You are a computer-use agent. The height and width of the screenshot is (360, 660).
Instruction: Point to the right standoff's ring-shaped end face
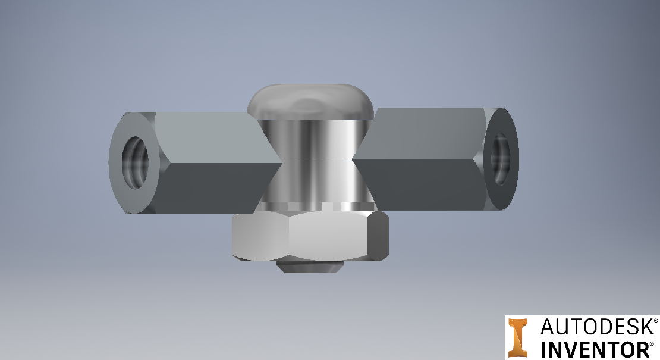[x=511, y=179]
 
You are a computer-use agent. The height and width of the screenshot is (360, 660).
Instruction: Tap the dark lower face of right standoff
[x=416, y=181]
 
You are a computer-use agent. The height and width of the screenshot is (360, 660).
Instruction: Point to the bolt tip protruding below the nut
[x=309, y=267]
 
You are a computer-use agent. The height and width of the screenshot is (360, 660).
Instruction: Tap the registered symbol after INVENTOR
[x=652, y=343]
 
